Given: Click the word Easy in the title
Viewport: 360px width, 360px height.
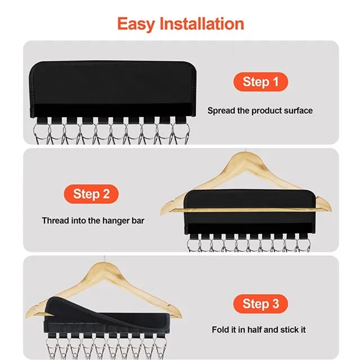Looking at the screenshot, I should pos(137,24).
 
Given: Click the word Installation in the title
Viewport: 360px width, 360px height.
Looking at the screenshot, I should pos(202,24).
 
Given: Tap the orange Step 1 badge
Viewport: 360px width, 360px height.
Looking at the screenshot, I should pos(260,82).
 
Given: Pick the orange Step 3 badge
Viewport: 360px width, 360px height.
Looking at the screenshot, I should pos(260,304).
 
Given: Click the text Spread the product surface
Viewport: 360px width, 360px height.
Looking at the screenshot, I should pos(260,111).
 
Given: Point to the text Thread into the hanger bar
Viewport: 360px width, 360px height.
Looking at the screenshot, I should pos(93,221).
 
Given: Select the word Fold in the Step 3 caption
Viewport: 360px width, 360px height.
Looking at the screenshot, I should pos(221,330).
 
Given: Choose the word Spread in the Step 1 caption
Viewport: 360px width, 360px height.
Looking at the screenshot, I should pos(220,111).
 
